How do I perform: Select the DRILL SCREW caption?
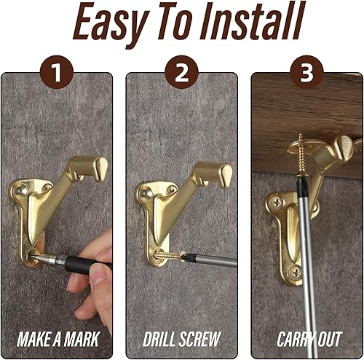coord(182,339)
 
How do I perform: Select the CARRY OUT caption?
coord(307,339)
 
